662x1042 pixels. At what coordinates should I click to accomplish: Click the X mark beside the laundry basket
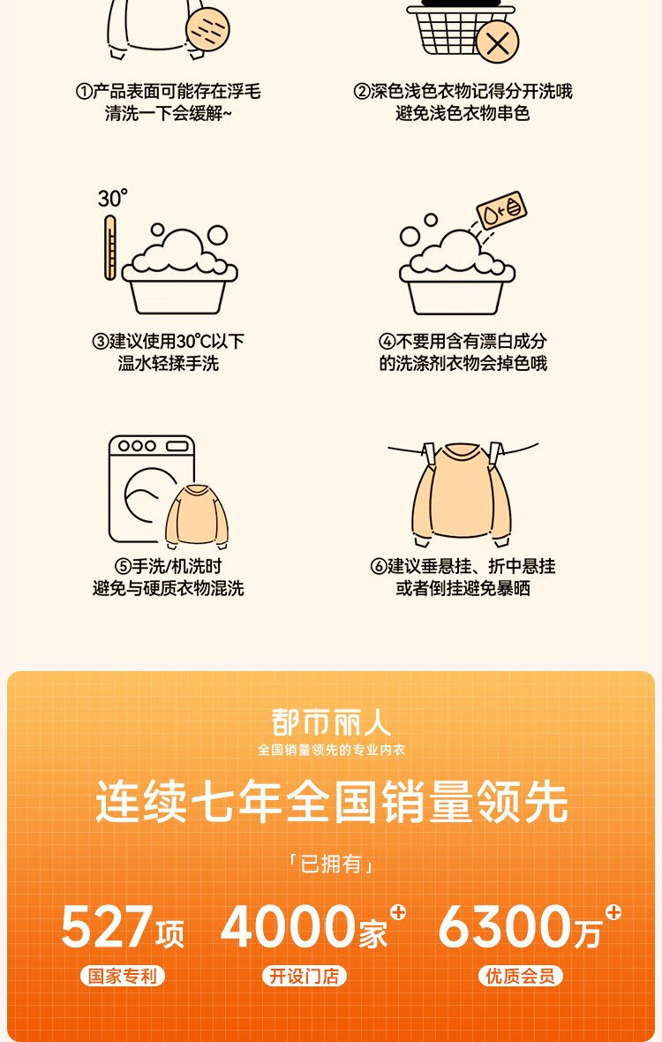click(x=497, y=43)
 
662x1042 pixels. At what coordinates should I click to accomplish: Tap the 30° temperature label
click(x=112, y=198)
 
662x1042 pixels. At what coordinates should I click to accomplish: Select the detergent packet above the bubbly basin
click(x=502, y=210)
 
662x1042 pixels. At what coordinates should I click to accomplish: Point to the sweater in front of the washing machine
click(x=197, y=517)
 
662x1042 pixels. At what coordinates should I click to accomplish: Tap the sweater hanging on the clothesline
click(x=463, y=493)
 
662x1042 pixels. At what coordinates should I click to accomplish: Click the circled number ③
click(x=100, y=342)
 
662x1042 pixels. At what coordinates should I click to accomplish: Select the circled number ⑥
click(x=379, y=566)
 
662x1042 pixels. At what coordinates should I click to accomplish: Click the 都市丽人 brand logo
click(x=331, y=722)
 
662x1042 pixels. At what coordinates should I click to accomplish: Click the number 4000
click(x=288, y=926)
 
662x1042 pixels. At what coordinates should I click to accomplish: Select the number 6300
click(x=505, y=926)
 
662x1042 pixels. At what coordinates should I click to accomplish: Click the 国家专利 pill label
click(x=122, y=976)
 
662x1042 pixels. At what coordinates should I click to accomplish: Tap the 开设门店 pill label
click(x=305, y=976)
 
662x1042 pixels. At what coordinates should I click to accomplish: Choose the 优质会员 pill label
click(x=521, y=976)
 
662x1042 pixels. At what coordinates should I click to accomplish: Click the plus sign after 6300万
click(x=613, y=911)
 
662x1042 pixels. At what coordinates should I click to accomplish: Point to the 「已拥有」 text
click(x=331, y=864)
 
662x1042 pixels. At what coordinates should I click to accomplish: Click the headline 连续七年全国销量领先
click(x=331, y=802)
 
